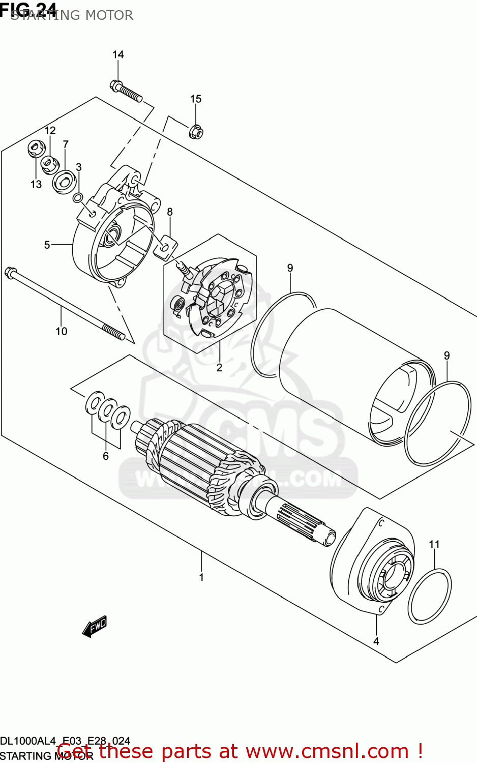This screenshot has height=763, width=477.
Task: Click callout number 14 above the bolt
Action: (x=118, y=54)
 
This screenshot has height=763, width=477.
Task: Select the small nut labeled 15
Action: (x=196, y=132)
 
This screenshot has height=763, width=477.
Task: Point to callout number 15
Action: (x=196, y=99)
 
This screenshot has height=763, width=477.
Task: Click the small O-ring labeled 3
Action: (x=78, y=197)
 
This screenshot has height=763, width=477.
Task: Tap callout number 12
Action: (x=50, y=131)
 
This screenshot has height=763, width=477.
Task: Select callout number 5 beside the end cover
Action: (x=47, y=245)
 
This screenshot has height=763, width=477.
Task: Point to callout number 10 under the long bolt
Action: (x=61, y=331)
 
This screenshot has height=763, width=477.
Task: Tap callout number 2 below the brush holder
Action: (x=219, y=367)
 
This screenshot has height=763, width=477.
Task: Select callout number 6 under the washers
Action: (x=106, y=456)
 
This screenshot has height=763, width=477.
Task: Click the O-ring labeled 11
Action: (x=430, y=596)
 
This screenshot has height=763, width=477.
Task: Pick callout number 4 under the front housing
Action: (x=376, y=641)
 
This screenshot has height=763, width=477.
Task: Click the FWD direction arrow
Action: (x=95, y=626)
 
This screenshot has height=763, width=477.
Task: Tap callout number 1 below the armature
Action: (x=201, y=577)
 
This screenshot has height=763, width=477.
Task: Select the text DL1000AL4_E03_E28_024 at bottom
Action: (x=65, y=741)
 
